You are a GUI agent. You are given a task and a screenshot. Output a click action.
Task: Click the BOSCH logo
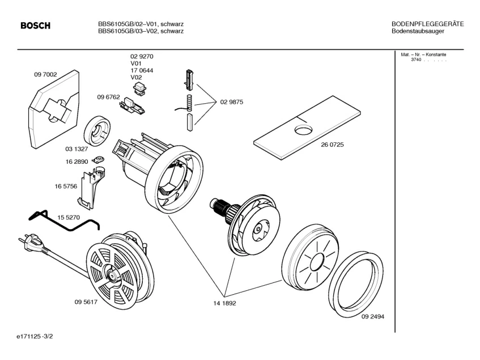(x=35, y=26)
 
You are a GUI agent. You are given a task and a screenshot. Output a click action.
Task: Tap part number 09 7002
(x=45, y=74)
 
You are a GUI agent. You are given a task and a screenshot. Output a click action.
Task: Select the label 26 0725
(x=332, y=145)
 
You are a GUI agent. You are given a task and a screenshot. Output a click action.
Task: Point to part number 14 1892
(x=224, y=303)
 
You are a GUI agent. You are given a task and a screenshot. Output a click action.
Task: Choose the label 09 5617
(x=86, y=302)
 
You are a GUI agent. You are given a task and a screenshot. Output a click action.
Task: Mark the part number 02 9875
(x=231, y=102)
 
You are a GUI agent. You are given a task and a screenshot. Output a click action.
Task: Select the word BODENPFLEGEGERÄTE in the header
(x=428, y=24)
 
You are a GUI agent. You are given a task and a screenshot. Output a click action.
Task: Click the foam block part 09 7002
(x=51, y=111)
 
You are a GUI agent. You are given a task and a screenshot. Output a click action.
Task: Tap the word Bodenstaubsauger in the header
(x=418, y=31)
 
